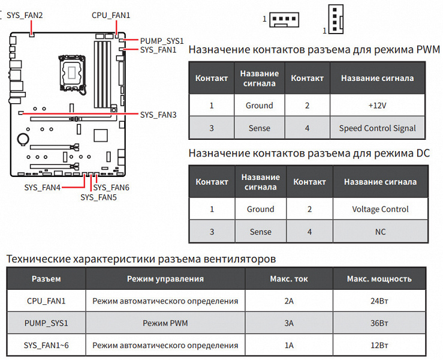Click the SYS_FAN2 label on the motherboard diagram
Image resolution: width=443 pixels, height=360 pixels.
[x=25, y=15]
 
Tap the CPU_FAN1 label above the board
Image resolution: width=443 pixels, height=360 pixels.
[x=111, y=15]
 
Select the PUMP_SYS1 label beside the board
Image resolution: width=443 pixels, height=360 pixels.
[x=162, y=41]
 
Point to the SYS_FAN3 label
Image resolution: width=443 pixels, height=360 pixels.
[x=158, y=114]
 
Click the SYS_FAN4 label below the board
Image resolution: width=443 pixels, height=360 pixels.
[x=43, y=188]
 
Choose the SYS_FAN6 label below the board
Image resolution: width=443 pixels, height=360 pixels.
[x=111, y=188]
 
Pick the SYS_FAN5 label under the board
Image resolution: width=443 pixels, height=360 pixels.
[x=98, y=197]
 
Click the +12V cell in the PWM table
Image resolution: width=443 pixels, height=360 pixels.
[x=377, y=106]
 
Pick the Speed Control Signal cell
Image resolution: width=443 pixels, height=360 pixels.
[x=377, y=128]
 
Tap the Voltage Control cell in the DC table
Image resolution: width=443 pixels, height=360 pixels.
[x=380, y=209]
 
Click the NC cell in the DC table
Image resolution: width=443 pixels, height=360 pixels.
[x=380, y=232]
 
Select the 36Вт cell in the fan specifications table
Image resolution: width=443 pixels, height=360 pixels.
[x=379, y=323]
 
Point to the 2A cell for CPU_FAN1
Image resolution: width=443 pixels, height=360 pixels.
[x=289, y=301]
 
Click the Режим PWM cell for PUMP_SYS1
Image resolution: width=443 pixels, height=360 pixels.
[x=165, y=323]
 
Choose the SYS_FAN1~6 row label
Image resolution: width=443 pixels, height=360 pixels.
[x=46, y=345]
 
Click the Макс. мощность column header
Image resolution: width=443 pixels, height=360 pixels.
[x=379, y=278]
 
